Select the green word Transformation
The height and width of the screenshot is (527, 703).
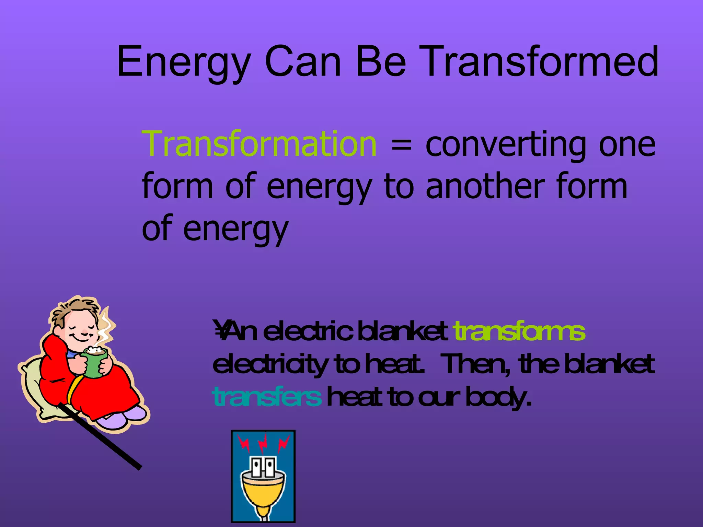260,144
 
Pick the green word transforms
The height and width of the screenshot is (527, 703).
519,332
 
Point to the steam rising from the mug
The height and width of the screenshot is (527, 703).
106,326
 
